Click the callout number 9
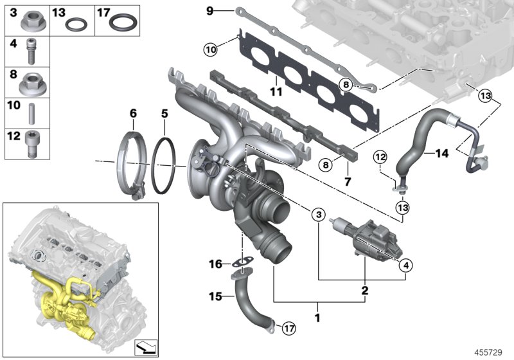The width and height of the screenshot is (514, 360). [209, 10]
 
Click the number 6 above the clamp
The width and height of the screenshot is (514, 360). [133, 113]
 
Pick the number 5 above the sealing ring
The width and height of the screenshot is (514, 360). [164, 113]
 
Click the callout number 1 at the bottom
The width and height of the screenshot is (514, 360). [316, 318]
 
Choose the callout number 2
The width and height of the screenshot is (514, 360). [364, 291]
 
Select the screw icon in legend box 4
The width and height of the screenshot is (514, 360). [30, 51]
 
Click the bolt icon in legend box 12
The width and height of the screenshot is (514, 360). [30, 144]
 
